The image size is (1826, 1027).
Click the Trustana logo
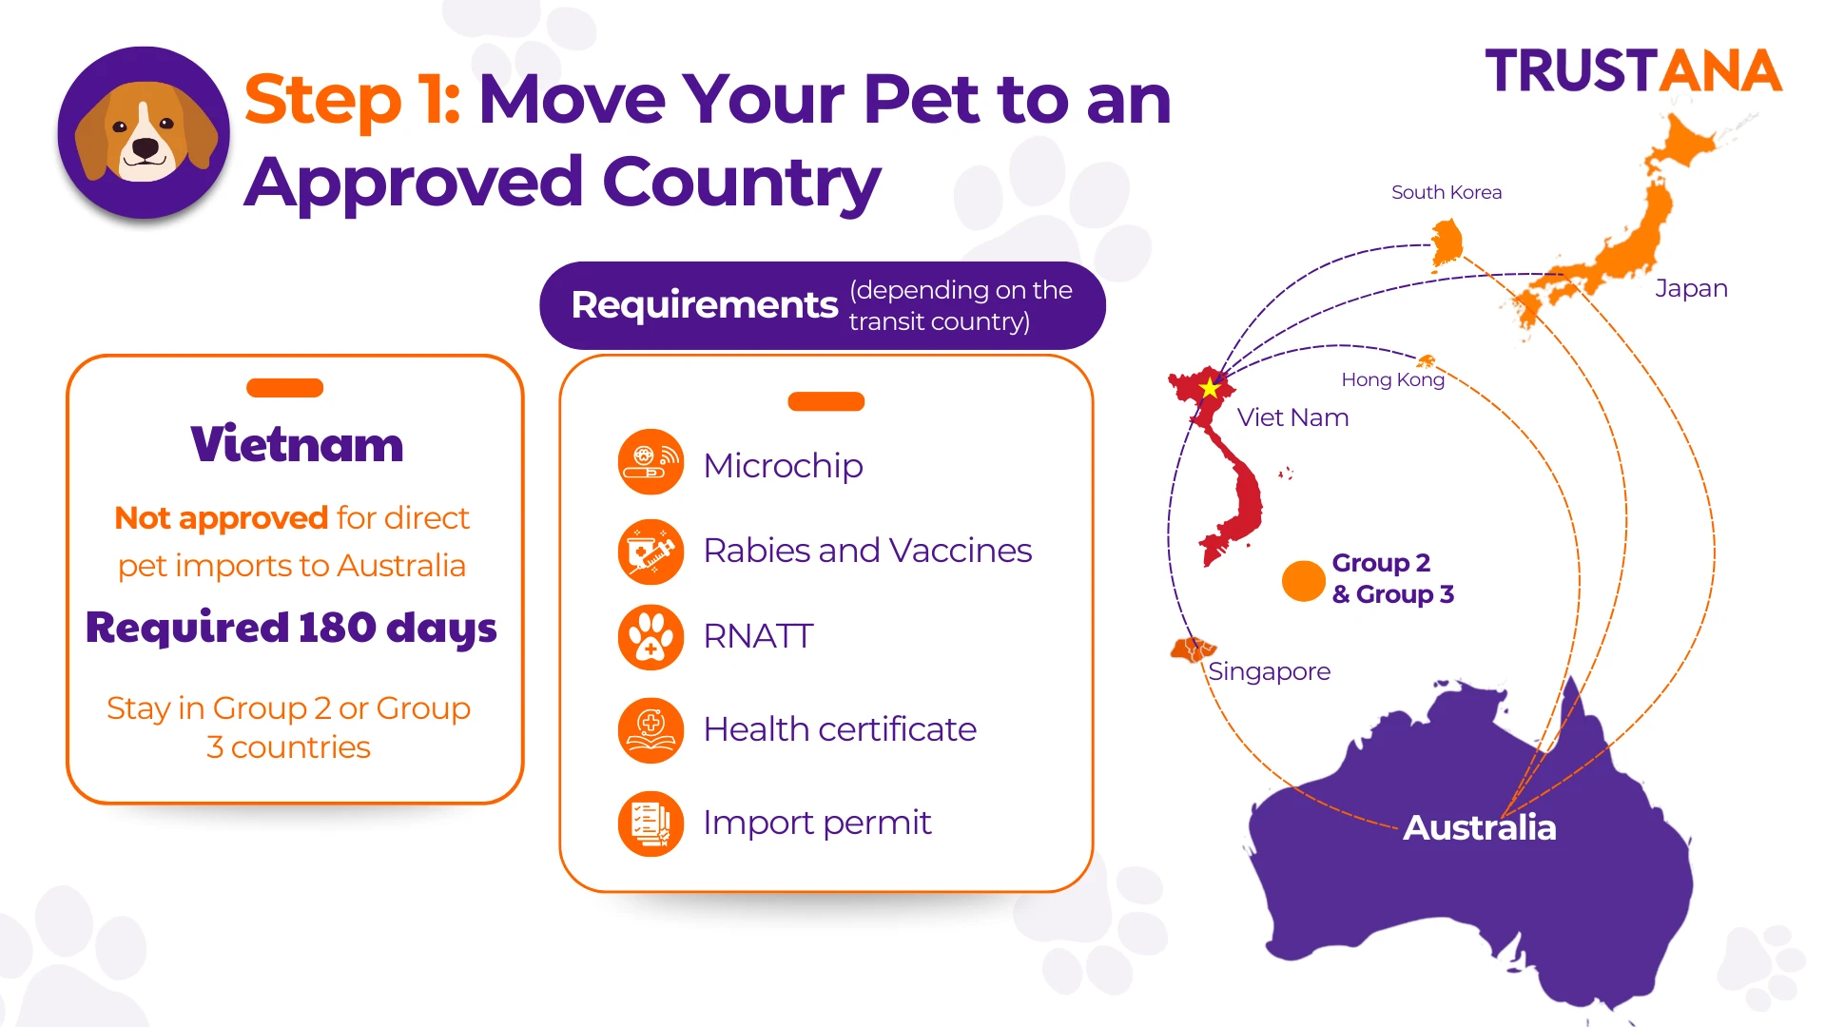[x=1633, y=71]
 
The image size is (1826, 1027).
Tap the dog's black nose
[x=146, y=148]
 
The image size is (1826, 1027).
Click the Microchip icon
[x=651, y=462]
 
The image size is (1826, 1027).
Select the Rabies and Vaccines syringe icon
[x=651, y=552]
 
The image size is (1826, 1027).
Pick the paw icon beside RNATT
[x=651, y=637]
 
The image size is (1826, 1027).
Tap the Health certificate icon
[x=651, y=730]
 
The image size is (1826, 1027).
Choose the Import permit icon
[x=651, y=824]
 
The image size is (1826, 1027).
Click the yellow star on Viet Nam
[x=1210, y=388]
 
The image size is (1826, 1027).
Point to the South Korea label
[x=1447, y=192]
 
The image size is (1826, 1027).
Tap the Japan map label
[x=1691, y=288]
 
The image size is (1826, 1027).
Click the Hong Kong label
[x=1392, y=379]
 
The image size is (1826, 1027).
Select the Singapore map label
[x=1269, y=671]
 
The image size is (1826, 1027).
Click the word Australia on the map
[x=1480, y=827]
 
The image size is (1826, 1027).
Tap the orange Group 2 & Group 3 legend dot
[x=1303, y=580]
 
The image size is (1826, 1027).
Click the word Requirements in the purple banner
[x=705, y=305]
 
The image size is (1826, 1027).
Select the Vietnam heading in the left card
[x=297, y=444]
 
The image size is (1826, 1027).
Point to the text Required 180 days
[x=291, y=628]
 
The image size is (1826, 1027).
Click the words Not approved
[x=221, y=518]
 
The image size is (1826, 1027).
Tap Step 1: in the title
[x=353, y=99]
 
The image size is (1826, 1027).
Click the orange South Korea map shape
[x=1447, y=242]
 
